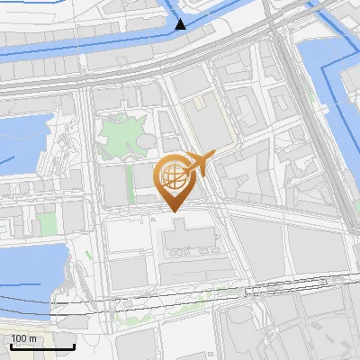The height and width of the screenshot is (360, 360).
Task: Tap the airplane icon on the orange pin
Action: (x=199, y=164)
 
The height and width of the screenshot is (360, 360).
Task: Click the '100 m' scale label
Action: (x=23, y=338)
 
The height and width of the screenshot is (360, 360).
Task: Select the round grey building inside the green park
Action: (x=145, y=143)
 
